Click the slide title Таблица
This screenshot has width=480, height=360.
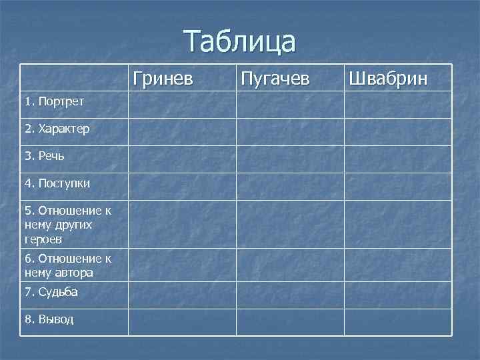click(240, 41)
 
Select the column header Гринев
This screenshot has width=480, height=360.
click(163, 79)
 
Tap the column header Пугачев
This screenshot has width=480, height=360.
click(275, 79)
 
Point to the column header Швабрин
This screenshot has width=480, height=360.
click(387, 79)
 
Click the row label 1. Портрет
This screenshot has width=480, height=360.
click(53, 102)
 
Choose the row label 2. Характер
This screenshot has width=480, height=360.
click(57, 128)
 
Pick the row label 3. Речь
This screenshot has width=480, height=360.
click(45, 156)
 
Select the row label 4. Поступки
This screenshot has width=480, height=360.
click(57, 183)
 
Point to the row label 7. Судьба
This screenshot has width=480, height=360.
click(51, 292)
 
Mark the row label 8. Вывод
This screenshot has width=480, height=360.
click(49, 319)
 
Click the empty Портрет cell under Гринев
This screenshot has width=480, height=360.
click(182, 105)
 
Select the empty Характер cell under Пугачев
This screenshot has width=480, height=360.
click(290, 131)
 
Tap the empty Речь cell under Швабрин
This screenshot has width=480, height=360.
click(398, 159)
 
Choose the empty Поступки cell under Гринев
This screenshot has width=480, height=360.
click(182, 186)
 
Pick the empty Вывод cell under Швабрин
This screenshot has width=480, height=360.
click(398, 322)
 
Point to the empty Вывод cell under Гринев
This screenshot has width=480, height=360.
click(182, 322)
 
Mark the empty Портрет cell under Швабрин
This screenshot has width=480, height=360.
click(398, 105)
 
